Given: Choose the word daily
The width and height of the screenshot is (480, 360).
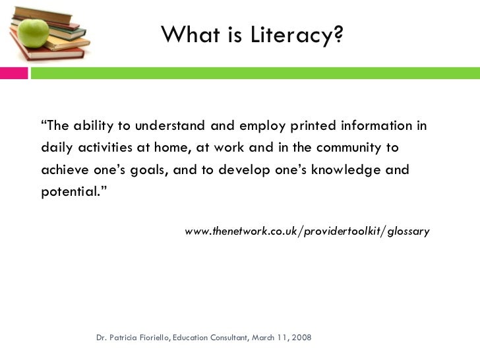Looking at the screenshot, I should coord(56,148).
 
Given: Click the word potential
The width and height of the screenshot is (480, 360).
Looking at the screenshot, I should coord(72,193).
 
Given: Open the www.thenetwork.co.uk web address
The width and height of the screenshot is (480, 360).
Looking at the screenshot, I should coord(307,232).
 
